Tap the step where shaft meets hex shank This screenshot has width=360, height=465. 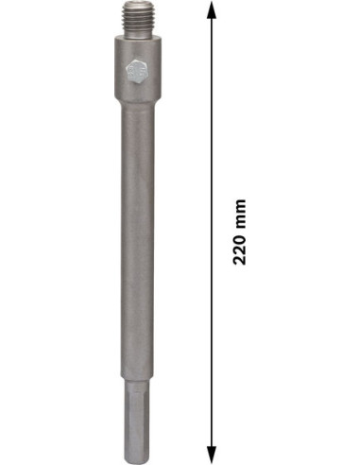click(138, 380)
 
